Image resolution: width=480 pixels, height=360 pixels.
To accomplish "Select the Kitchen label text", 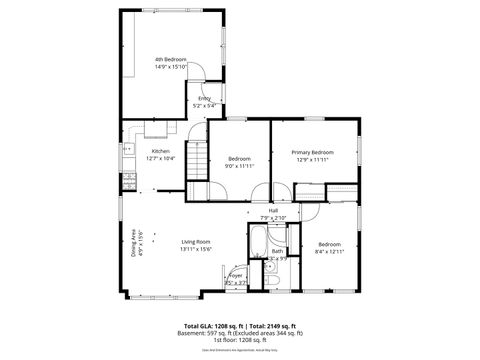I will [x=147, y=152].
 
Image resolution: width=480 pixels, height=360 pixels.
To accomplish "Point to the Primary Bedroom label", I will [x=313, y=152].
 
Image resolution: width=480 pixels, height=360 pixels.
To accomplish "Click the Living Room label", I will [x=196, y=241].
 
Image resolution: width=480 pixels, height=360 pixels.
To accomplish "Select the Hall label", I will [x=273, y=211].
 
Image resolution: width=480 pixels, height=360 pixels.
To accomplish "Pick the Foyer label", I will [x=235, y=274].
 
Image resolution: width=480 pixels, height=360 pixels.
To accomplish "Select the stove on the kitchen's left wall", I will [x=128, y=181].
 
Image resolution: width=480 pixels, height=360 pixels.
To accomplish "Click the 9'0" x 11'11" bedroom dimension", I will [x=239, y=166].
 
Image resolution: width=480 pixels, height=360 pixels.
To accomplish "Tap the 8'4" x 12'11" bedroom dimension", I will [x=330, y=251].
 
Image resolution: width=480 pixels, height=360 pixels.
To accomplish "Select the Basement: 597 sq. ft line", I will [x=240, y=333].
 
